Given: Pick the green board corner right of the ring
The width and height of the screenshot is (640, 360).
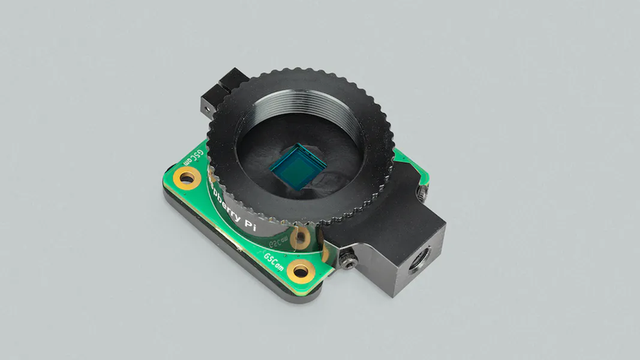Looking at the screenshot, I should [x=413, y=172].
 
